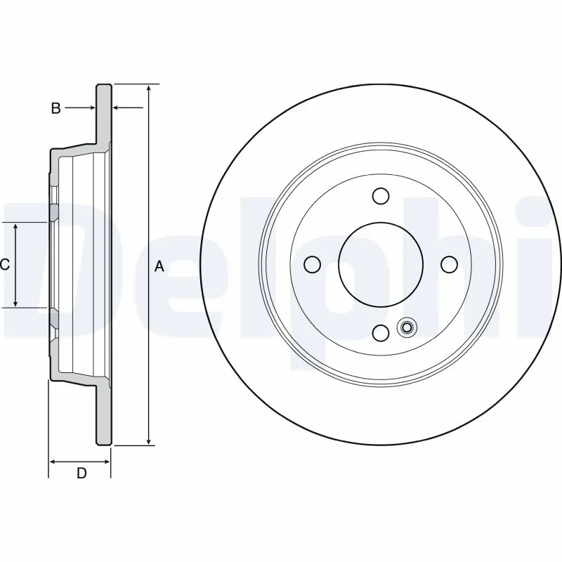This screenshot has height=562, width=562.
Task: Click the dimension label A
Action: coord(159,266)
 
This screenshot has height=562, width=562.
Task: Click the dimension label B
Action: coord(55,108)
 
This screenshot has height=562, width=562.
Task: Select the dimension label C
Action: coord(4,265)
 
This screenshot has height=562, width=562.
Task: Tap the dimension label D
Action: coord(81,473)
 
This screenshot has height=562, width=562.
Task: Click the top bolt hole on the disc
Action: coord(381,195)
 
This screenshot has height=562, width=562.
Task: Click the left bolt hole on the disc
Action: coord(313,264)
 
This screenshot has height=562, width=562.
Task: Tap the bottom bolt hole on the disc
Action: coord(381,332)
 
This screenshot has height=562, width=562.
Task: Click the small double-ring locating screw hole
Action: coord(406,327)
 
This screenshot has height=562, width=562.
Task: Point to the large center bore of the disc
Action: coord(381,264)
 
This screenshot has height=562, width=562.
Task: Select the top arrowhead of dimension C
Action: coord(16,226)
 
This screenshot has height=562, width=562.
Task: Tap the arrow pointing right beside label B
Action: coord(91,108)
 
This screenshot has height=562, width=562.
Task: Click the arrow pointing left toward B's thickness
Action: coord(117,108)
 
